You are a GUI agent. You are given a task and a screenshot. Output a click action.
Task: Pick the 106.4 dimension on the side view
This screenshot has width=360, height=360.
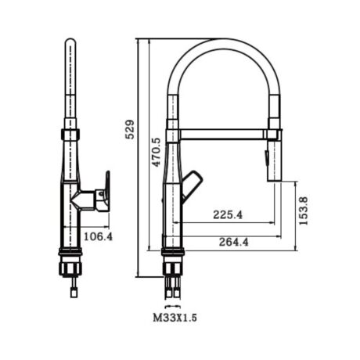coord(98,236)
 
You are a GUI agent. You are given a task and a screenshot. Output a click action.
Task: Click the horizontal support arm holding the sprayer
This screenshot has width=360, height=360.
coord(223,135)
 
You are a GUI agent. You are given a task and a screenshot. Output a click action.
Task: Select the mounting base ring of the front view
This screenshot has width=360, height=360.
coord(173,250)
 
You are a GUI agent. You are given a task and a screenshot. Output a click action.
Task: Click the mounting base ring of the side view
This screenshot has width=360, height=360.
coord(71,250)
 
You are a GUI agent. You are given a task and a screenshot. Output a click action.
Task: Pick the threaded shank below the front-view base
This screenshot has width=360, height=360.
coord(173,270)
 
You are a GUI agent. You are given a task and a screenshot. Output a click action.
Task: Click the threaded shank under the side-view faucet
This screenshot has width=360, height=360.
coord(71,270)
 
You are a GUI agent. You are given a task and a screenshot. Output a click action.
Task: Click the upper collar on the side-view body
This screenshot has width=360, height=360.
coord(70,133)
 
